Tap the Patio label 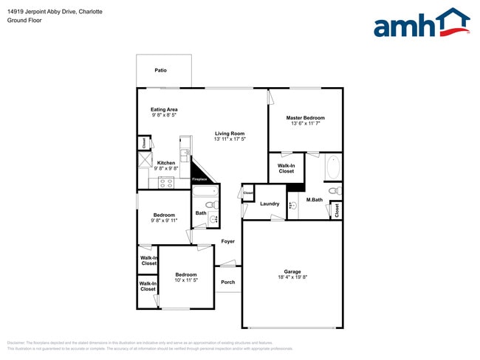pos(160,70)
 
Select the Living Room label pos(229,133)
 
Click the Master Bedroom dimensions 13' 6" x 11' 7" pos(305,124)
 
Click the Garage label pos(292,271)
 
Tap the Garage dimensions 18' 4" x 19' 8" pos(292,278)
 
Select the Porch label pos(228,282)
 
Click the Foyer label pos(228,241)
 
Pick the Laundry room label pos(270,204)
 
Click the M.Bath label pos(315,200)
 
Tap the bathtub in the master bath pos(333,168)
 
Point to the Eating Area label pos(164,109)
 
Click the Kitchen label pos(166,162)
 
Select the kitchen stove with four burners pos(166,182)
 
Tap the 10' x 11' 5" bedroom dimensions pos(186,281)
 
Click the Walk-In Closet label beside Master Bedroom pos(286,168)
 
